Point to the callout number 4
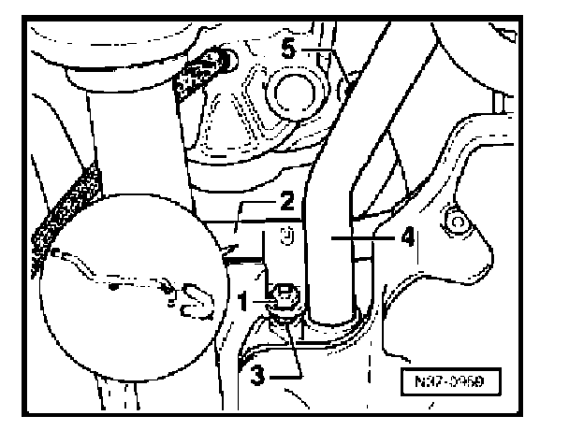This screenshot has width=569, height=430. (408, 237)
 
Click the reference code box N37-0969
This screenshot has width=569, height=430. (457, 381)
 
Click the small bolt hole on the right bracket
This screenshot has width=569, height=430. (456, 222)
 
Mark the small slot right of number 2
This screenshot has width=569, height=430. (289, 238)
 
